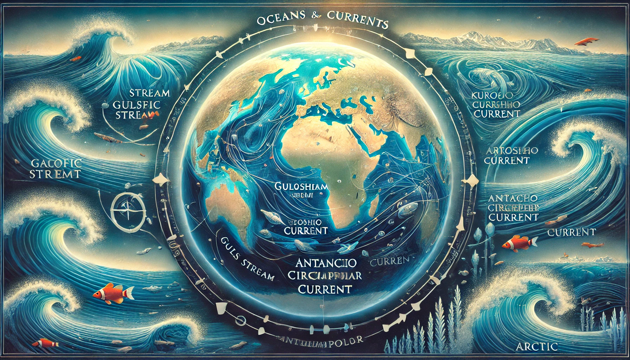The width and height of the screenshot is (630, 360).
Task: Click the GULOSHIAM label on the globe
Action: click(302, 186)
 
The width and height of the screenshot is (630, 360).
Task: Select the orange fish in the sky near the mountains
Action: click(587, 41)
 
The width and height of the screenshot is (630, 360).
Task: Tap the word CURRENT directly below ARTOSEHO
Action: click(507, 161)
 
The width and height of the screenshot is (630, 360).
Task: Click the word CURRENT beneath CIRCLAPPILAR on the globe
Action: click(325, 289)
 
